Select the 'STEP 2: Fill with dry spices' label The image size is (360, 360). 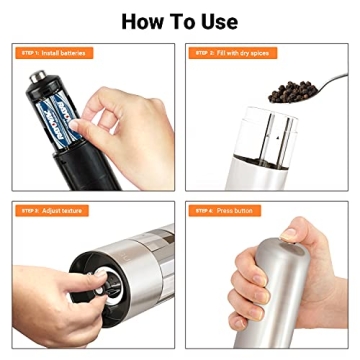click(x=233, y=51)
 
